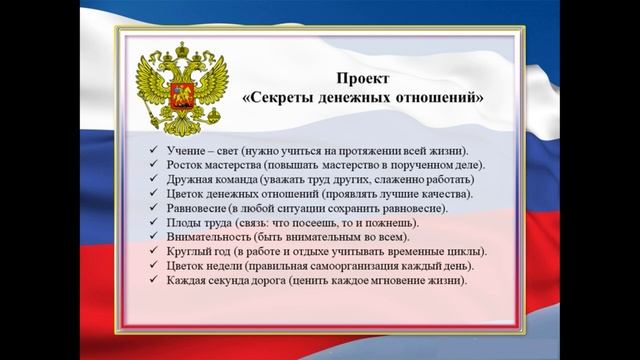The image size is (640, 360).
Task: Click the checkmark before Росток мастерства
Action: (x=149, y=164)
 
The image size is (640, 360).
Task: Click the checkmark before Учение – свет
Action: (x=149, y=150)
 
